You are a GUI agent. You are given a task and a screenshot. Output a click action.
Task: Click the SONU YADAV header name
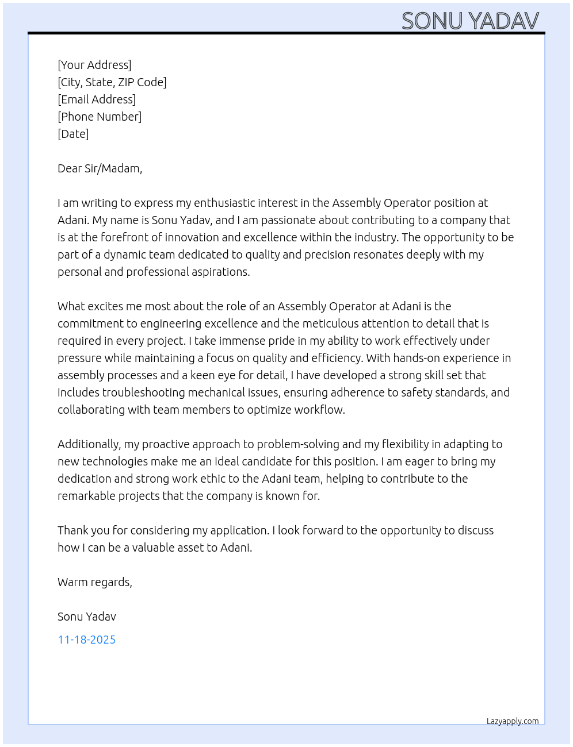tap(470, 21)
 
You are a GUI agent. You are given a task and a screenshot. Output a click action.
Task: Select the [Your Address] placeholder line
tap(94, 65)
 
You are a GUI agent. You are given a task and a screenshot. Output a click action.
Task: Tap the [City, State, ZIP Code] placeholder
tap(112, 82)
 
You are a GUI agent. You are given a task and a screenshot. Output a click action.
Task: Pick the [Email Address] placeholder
tap(97, 99)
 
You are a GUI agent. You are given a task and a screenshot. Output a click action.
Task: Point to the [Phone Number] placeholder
tap(100, 117)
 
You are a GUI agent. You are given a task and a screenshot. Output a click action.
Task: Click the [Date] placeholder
tap(73, 134)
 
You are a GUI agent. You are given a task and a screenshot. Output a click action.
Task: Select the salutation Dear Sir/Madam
tap(100, 168)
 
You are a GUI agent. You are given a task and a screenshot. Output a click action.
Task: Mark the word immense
tap(242, 341)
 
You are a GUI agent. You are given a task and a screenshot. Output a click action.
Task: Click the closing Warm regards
tap(94, 582)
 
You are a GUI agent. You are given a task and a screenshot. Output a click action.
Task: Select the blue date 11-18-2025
tap(87, 640)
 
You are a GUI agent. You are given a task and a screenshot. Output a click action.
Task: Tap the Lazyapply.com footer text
tap(513, 721)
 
